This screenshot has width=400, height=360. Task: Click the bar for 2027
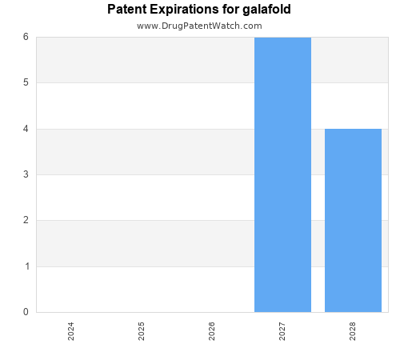coord(282,174)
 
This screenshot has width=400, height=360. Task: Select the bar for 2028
coord(353,220)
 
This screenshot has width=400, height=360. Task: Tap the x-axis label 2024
coord(71,331)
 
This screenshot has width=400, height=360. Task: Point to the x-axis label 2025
coord(142,331)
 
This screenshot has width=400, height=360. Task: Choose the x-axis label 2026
coord(212,331)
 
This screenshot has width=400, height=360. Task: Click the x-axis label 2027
coord(282,331)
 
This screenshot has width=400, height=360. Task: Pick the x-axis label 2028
coord(353,331)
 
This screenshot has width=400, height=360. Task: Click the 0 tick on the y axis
coord(26,312)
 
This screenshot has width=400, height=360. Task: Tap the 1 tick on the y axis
coord(26,266)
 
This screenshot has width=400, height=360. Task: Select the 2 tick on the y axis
coord(26,220)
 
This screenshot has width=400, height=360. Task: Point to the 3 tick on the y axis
coord(26,174)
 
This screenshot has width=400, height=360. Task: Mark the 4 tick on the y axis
coord(26,129)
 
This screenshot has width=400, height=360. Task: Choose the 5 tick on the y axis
coord(26,82)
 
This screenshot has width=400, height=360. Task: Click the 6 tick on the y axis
coord(26,37)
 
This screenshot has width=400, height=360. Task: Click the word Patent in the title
coord(126,10)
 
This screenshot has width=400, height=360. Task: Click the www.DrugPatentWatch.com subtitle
coord(199,26)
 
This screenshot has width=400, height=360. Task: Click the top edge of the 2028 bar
coord(353,129)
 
